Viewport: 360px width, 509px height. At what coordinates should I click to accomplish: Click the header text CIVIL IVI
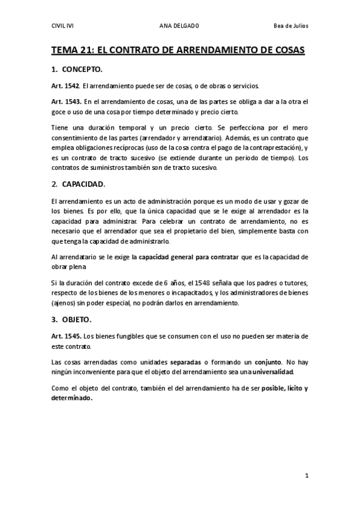(63, 26)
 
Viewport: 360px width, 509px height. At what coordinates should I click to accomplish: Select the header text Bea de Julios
(290, 26)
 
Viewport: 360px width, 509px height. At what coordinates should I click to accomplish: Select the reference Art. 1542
(65, 86)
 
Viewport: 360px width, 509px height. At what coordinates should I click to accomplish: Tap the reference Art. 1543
(66, 102)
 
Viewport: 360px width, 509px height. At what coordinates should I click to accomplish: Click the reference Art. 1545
(66, 335)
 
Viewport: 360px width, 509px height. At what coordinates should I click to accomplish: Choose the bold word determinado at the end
(72, 398)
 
